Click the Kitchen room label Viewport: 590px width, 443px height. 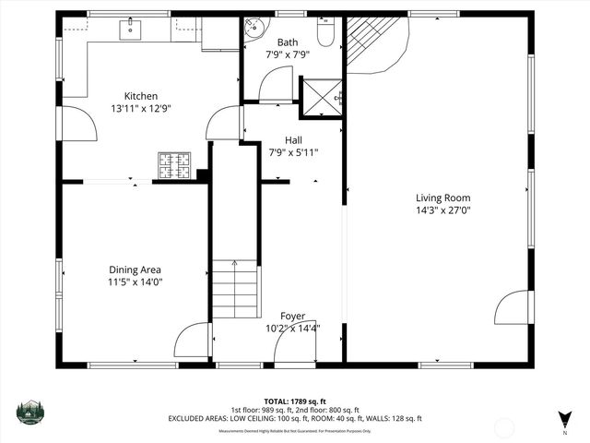141,96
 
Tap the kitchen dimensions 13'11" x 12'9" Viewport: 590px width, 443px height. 141,108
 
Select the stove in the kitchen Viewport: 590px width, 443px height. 173,165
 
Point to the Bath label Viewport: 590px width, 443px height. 288,42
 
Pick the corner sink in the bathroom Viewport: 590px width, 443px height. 254,30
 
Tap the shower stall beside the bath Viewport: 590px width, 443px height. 324,95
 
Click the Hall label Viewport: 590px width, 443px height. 293,140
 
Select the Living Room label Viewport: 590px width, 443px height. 442,198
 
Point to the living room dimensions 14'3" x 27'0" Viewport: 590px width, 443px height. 442,210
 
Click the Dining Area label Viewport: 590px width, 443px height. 136,270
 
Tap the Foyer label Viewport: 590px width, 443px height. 292,316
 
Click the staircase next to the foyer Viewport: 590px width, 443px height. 235,289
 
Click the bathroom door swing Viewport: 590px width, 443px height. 276,86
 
